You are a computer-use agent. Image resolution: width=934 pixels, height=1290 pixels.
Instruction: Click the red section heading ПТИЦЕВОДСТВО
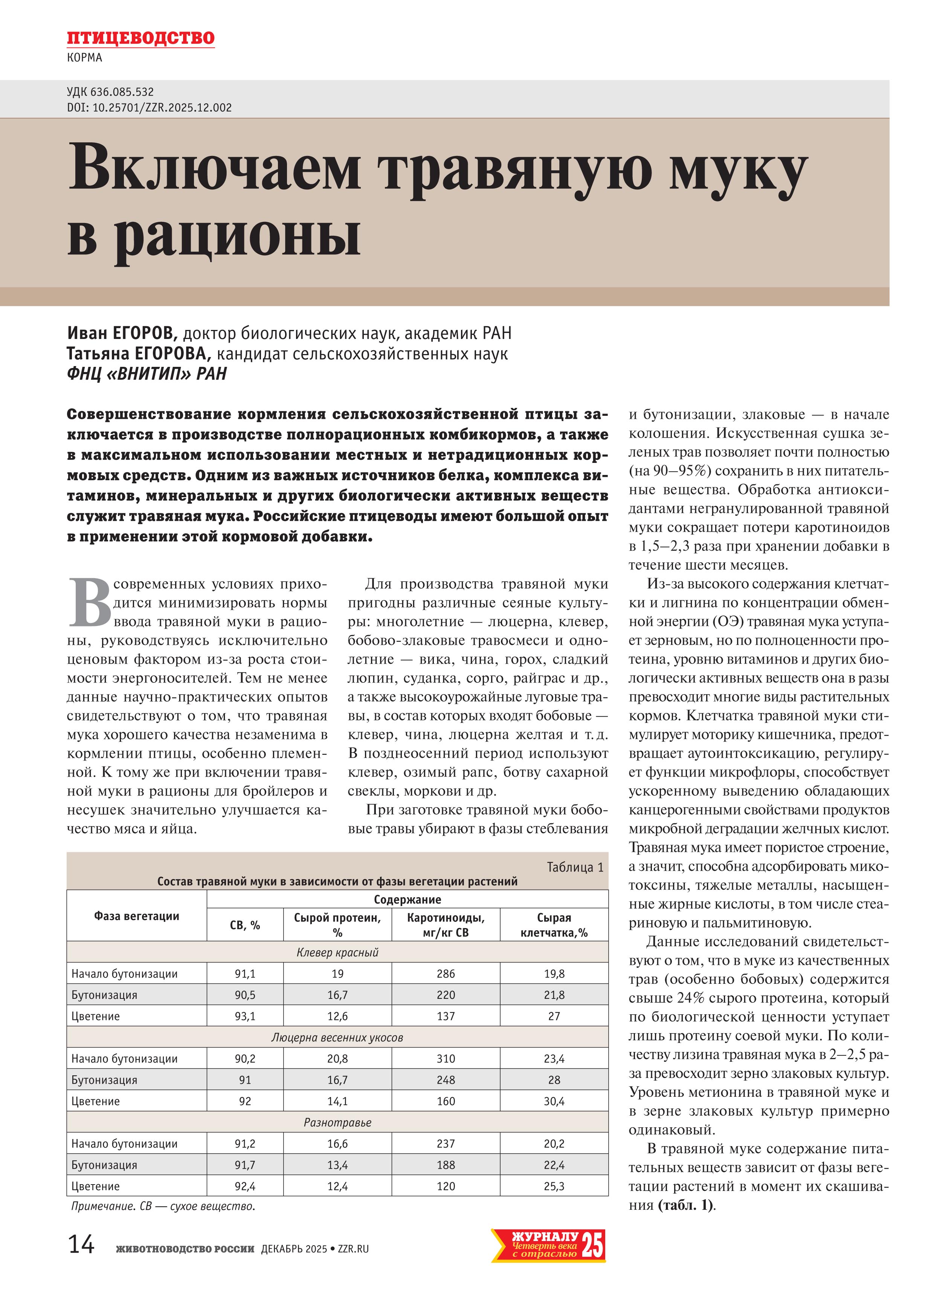tap(140, 38)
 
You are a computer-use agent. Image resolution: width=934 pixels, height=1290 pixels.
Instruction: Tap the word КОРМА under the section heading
tap(84, 58)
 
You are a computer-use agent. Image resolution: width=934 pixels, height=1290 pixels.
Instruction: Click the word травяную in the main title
tap(515, 169)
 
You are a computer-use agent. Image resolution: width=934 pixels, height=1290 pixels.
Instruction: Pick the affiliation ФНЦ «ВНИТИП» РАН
tap(147, 374)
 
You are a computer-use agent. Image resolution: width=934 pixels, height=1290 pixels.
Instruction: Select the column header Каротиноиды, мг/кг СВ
tap(446, 924)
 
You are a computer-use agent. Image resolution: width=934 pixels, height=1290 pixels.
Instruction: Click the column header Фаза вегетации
tap(136, 916)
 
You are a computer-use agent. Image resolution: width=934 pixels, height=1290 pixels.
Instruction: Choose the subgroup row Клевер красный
tap(337, 952)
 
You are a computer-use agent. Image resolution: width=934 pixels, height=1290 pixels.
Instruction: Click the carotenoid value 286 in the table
tap(446, 974)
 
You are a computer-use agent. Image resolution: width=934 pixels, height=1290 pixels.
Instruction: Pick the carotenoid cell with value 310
tap(446, 1058)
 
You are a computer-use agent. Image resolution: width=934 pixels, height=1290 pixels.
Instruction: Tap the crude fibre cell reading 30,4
tap(554, 1101)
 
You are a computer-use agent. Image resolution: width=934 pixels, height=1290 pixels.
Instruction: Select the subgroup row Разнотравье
tap(337, 1122)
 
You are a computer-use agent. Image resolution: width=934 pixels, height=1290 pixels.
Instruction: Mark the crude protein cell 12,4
tap(337, 1186)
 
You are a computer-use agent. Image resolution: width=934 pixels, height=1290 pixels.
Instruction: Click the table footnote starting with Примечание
tap(163, 1206)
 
